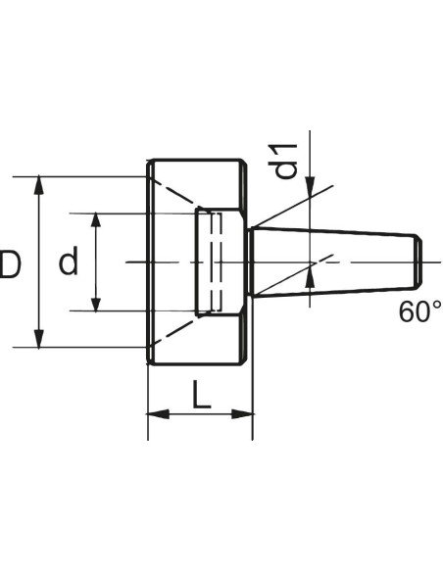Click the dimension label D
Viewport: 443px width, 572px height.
10,263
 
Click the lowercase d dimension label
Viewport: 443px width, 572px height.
69,261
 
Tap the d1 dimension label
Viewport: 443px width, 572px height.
283,161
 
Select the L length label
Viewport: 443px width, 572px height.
202,395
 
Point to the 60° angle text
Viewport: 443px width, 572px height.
420,311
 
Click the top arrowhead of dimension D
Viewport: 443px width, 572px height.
38,186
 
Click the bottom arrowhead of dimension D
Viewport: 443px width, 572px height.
38,338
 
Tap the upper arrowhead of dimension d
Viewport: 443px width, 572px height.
96,220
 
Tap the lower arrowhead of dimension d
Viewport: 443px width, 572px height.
96,305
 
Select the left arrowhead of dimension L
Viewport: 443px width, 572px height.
158,414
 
